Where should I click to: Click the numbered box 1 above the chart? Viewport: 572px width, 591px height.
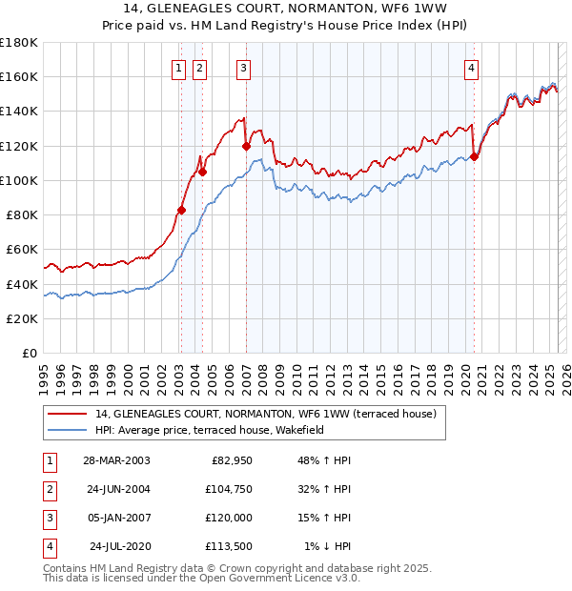click(x=178, y=68)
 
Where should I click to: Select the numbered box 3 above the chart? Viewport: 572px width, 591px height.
click(x=244, y=68)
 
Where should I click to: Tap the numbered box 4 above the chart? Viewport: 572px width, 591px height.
click(x=472, y=68)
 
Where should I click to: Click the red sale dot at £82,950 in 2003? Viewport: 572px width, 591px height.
click(x=181, y=210)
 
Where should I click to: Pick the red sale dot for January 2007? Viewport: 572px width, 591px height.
click(x=246, y=146)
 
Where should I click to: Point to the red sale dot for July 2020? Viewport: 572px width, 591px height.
click(x=475, y=157)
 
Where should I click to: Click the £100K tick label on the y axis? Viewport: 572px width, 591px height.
click(x=19, y=180)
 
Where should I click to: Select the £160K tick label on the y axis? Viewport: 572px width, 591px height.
click(x=19, y=76)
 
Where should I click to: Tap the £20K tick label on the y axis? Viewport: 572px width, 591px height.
click(x=22, y=318)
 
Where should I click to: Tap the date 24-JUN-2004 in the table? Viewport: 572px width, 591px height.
click(x=116, y=489)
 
